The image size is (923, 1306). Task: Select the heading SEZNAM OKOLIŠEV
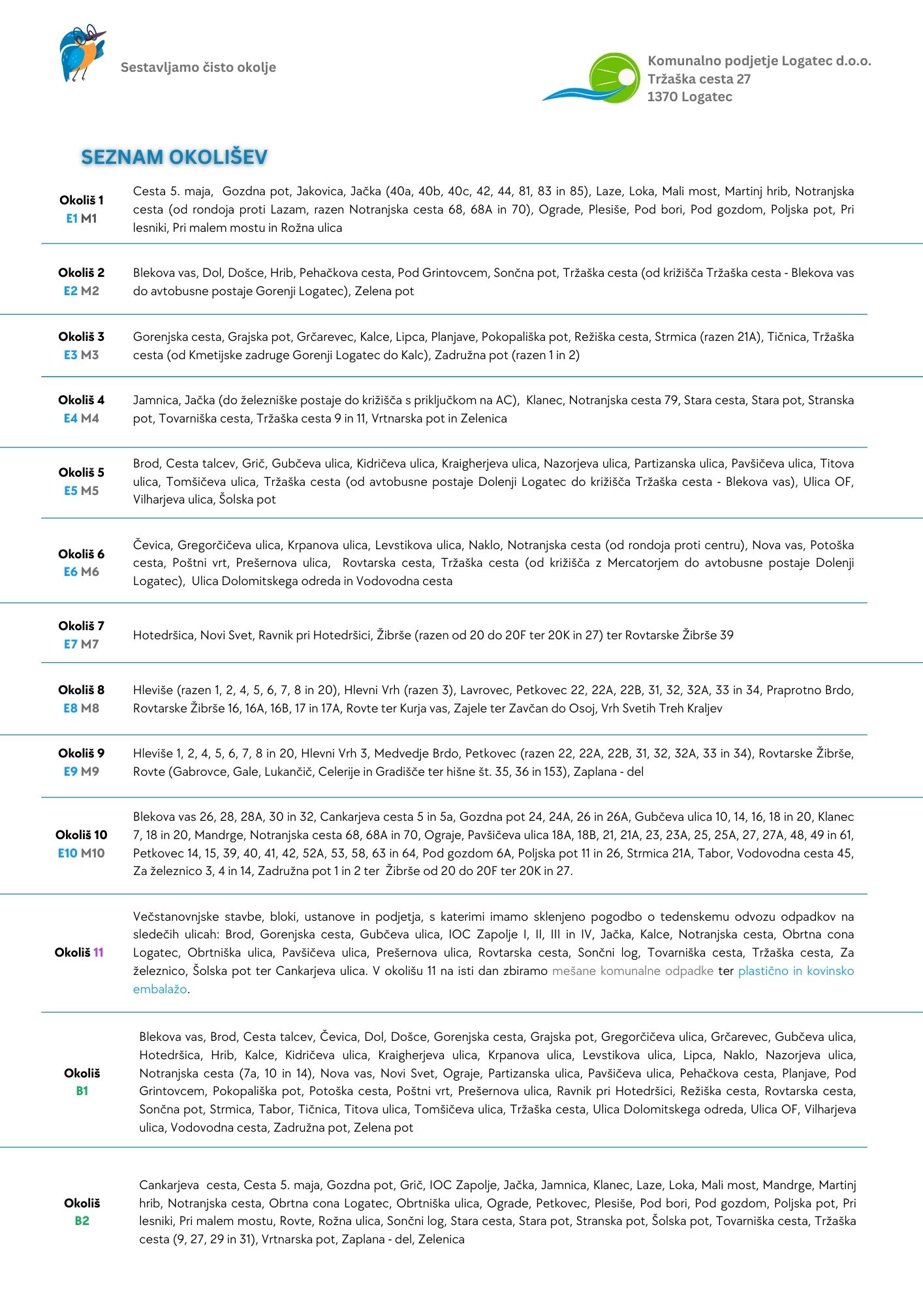coord(174,157)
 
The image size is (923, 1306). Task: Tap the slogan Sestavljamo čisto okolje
coord(198,67)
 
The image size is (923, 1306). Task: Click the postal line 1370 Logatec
coord(689,97)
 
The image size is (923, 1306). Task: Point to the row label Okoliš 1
coord(82,200)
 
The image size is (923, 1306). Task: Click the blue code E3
coord(70,355)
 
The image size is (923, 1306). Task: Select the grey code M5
coord(90,491)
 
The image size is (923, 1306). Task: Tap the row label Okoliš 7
coord(82,626)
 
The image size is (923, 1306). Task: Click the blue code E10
coord(68,853)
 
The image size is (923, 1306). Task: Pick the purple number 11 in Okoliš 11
coord(98,953)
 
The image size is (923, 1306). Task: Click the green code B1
coord(82,1091)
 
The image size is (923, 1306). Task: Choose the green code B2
coord(82,1221)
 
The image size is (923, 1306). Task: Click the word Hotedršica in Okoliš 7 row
coord(164,635)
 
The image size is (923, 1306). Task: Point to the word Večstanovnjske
coord(174,917)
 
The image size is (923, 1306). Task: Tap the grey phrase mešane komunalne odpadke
coord(633,971)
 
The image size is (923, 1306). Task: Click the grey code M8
coord(90,709)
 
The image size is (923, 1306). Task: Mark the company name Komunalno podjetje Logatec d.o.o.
coord(759,61)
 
